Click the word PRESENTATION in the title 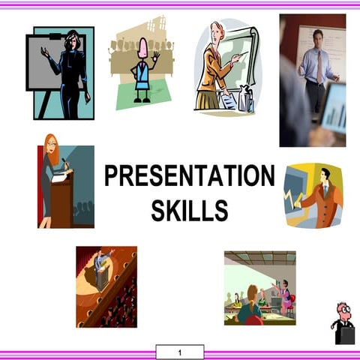(x=190, y=177)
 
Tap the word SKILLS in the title (x=190, y=211)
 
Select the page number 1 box (x=180, y=352)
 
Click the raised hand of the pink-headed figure (x=156, y=56)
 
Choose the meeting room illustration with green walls (x=259, y=288)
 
